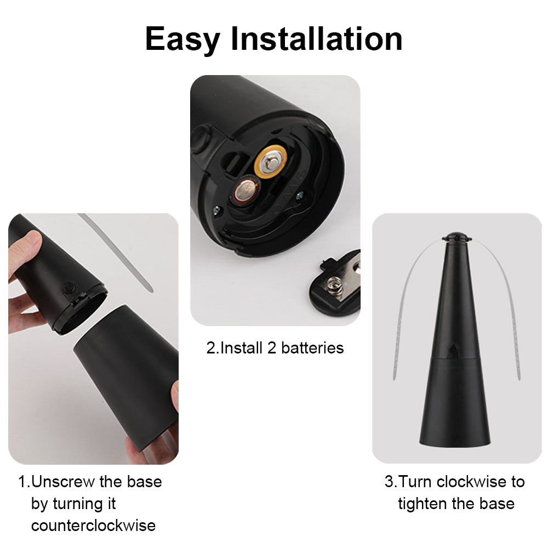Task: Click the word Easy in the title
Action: tap(182, 39)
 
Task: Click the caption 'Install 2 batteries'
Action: tap(275, 348)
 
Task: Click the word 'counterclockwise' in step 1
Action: tap(93, 526)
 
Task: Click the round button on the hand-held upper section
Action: tap(70, 287)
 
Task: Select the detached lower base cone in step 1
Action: tap(126, 373)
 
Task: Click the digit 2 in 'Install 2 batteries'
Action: tap(272, 348)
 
